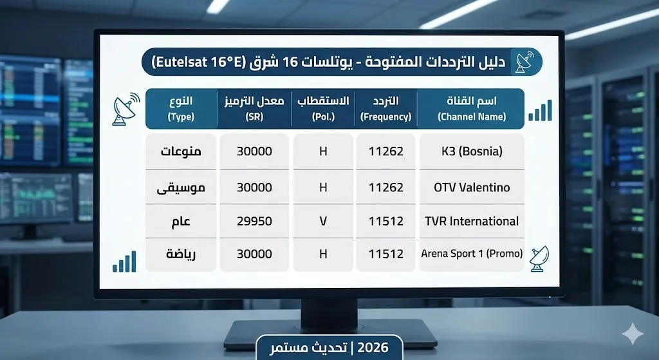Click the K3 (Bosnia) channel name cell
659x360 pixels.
472,152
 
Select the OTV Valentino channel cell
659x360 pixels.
472,187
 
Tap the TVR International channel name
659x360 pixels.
472,222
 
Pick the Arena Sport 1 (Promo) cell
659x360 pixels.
472,254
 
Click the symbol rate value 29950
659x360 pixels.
254,222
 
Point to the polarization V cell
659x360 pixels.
323,222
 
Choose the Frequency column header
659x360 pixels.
386,109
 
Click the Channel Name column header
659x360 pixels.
472,109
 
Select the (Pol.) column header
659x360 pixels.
323,109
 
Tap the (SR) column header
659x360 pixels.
254,109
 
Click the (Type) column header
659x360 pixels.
181,109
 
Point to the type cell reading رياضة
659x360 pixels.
181,254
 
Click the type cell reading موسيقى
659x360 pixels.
181,187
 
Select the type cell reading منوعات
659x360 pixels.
181,152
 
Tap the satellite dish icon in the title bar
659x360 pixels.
522,62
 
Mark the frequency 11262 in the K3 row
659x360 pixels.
386,152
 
